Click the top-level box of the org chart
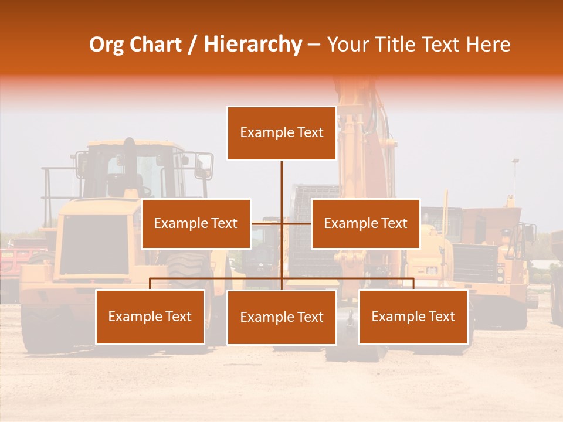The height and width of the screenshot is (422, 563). pyautogui.click(x=281, y=133)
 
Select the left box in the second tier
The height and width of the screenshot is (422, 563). pyautogui.click(x=196, y=223)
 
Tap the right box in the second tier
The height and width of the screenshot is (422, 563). pyautogui.click(x=365, y=223)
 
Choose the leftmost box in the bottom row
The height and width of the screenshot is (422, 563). pyautogui.click(x=150, y=317)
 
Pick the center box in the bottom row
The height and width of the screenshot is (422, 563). pyautogui.click(x=281, y=317)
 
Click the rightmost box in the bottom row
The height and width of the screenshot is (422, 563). pyautogui.click(x=413, y=317)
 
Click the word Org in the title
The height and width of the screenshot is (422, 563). pyautogui.click(x=106, y=45)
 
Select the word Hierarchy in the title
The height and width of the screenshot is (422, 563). pyautogui.click(x=253, y=45)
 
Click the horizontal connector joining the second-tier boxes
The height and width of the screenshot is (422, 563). pyautogui.click(x=267, y=223)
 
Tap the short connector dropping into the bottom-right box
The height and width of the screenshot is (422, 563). pyautogui.click(x=413, y=284)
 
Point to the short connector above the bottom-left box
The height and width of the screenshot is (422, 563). pyautogui.click(x=150, y=284)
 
